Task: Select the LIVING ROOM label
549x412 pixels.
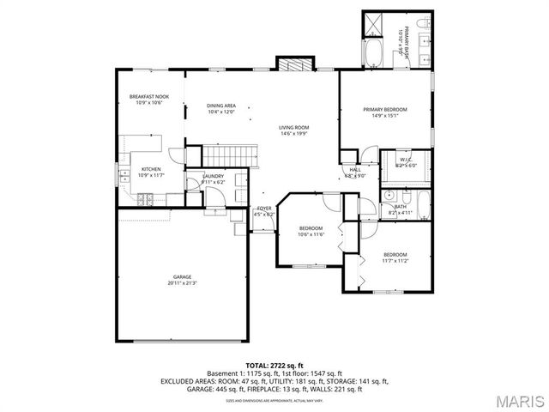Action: pos(293,127)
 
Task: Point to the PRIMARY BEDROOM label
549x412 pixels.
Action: pos(384,109)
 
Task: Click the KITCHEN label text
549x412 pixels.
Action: pos(151,169)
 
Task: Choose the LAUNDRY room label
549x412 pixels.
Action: pos(213,175)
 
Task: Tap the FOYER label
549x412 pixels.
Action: pos(264,209)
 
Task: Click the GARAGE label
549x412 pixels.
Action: pos(183,276)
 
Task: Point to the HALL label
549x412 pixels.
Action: pos(354,169)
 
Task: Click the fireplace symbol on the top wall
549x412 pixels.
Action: pos(290,64)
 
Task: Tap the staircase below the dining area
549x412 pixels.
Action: pos(226,155)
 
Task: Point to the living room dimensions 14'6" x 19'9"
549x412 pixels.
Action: pos(293,133)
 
